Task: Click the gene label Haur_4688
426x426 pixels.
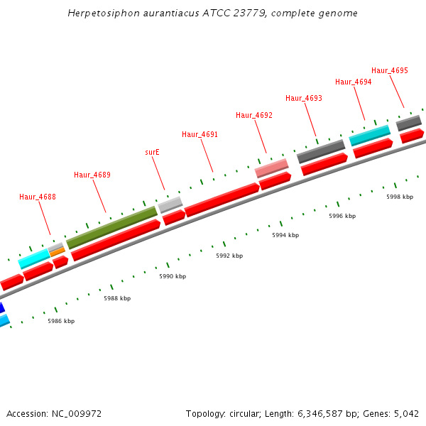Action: pos(38,197)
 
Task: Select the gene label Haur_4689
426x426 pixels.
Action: pos(92,175)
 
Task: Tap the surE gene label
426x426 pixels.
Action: pos(152,152)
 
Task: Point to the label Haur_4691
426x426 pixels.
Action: pos(200,134)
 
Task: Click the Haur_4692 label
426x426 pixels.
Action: pos(254,115)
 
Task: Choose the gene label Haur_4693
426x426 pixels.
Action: pos(304,98)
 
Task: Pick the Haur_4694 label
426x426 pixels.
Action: pos(354,82)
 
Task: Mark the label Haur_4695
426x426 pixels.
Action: pos(390,70)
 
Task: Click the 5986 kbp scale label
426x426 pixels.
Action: pos(61,321)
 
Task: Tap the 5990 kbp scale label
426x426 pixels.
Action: pos(173,276)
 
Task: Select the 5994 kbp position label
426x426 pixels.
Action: pos(285,235)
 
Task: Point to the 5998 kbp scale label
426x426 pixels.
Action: pos(400,197)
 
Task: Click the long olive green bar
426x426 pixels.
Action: pos(111,227)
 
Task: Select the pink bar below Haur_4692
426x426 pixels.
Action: pos(272,168)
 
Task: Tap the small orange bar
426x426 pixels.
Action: pos(58,251)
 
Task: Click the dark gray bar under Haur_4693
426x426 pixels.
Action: pos(321,151)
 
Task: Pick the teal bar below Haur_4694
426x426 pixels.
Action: pos(370,135)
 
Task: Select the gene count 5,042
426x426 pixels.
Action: pos(405,413)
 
